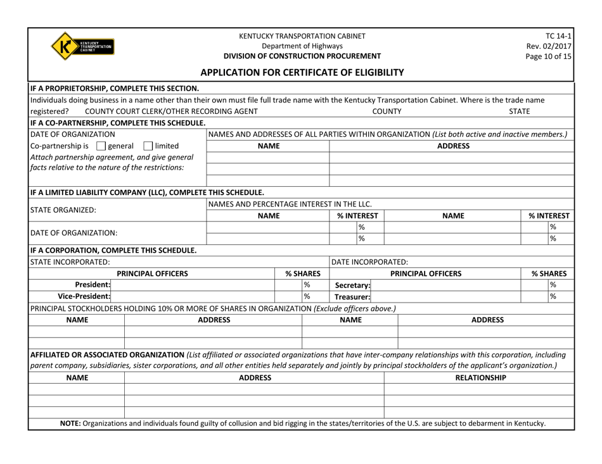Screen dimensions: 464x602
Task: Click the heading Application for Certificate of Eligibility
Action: (301, 72)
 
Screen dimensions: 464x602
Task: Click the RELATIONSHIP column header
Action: (481, 379)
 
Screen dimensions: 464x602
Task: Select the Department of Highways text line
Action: (301, 46)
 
